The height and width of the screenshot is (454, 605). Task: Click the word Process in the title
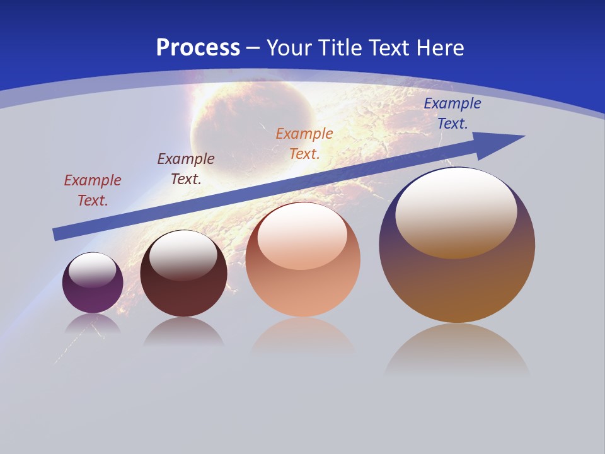pos(198,48)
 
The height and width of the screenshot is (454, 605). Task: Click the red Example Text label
pos(93,190)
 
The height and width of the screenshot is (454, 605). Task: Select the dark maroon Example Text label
pos(186,169)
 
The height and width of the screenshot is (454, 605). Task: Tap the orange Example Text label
pos(304,143)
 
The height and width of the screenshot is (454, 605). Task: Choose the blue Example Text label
pos(452,113)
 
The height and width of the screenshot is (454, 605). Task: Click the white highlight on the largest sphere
pos(456,211)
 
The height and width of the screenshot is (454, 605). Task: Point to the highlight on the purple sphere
pos(92,270)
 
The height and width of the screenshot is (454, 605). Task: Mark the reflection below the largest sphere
pos(457,350)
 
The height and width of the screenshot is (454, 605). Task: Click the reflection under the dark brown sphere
pos(183,332)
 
